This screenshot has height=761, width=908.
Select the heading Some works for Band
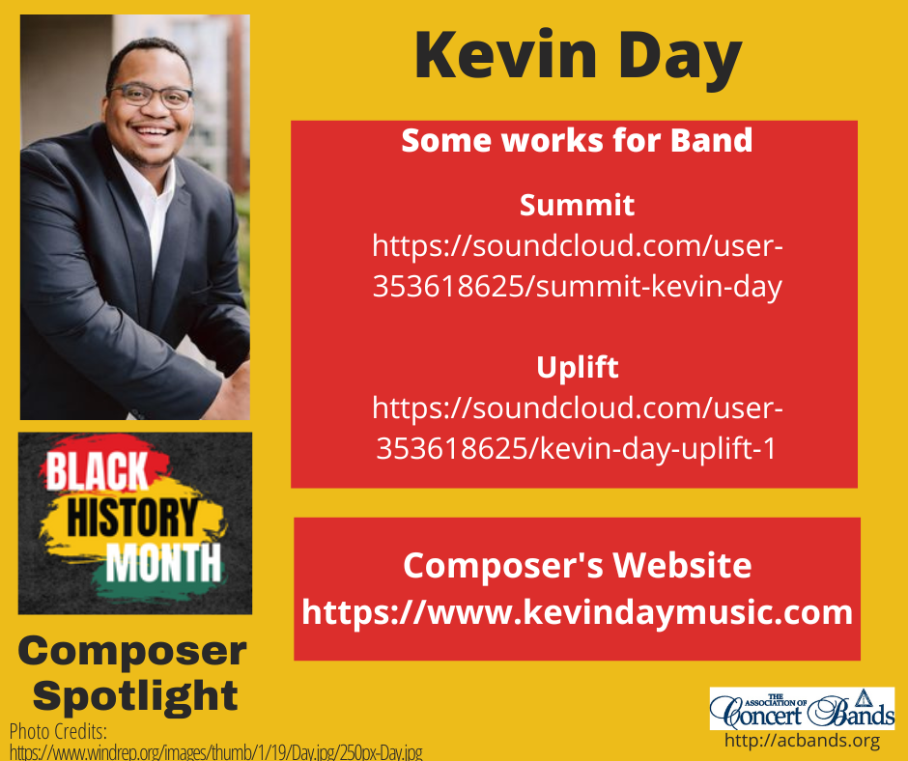[x=577, y=141]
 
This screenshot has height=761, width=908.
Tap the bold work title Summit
[x=577, y=205]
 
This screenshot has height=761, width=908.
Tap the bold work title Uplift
[x=577, y=368]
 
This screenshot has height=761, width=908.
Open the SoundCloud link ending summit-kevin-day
[x=577, y=267]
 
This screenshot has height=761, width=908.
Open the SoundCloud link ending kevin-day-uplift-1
[x=577, y=429]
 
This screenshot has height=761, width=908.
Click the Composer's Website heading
[x=577, y=565]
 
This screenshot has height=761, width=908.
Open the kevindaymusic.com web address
[x=577, y=612]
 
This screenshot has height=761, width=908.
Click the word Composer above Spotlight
[x=132, y=653]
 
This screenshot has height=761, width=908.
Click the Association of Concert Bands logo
[x=802, y=709]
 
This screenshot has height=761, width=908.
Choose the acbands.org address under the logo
[x=802, y=742]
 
